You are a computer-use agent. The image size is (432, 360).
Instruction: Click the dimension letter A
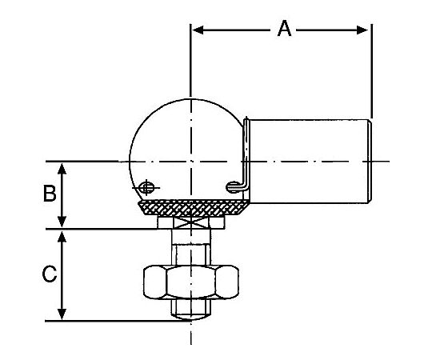pyautogui.click(x=284, y=29)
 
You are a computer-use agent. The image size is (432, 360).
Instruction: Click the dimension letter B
pyautogui.click(x=50, y=193)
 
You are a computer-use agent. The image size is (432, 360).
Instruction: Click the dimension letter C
pyautogui.click(x=50, y=274)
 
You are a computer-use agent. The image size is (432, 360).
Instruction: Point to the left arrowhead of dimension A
pyautogui.click(x=198, y=30)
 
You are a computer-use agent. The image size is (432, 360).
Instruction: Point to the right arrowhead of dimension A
pyautogui.click(x=362, y=30)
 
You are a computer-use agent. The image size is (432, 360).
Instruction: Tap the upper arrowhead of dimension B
pyautogui.click(x=62, y=168)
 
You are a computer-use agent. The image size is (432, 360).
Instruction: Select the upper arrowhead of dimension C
pyautogui.click(x=62, y=236)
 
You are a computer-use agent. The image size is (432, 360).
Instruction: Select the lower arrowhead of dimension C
pyautogui.click(x=62, y=314)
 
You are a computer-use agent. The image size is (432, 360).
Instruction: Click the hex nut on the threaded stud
pyautogui.click(x=191, y=282)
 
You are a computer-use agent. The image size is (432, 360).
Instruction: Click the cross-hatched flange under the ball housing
pyautogui.click(x=194, y=208)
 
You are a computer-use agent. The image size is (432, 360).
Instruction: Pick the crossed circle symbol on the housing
pyautogui.click(x=146, y=188)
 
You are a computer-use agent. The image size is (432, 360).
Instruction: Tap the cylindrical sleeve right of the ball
pyautogui.click(x=310, y=161)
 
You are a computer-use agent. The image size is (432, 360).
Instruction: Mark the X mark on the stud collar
pyautogui.click(x=191, y=222)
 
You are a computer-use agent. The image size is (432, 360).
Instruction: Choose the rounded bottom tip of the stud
pyautogui.click(x=191, y=318)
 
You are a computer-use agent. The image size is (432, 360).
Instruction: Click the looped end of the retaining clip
pyautogui.click(x=232, y=186)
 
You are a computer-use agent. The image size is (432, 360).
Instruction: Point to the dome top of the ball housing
pyautogui.click(x=191, y=99)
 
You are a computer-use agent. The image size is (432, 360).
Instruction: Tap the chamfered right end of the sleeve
pyautogui.click(x=370, y=161)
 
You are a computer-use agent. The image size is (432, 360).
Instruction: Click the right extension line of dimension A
pyautogui.click(x=372, y=70)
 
